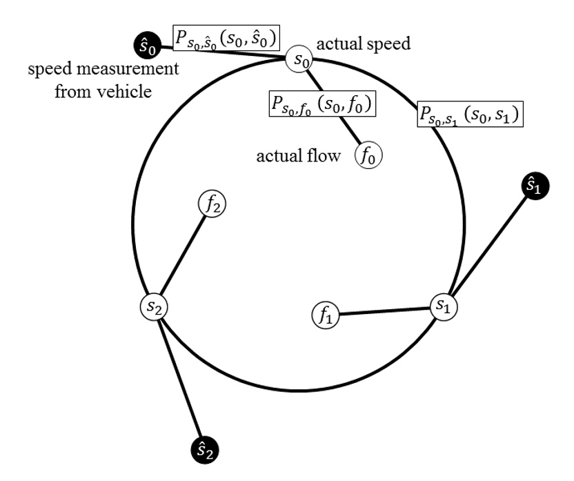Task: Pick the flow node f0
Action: pyautogui.click(x=368, y=155)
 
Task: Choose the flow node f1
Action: pyautogui.click(x=326, y=316)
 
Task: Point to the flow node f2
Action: pyautogui.click(x=212, y=204)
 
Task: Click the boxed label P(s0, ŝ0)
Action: pyautogui.click(x=226, y=39)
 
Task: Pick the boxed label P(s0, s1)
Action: pyautogui.click(x=468, y=113)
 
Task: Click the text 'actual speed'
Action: pyautogui.click(x=363, y=45)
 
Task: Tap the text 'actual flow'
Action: pyautogui.click(x=298, y=156)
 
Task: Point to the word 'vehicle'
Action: pyautogui.click(x=127, y=91)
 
